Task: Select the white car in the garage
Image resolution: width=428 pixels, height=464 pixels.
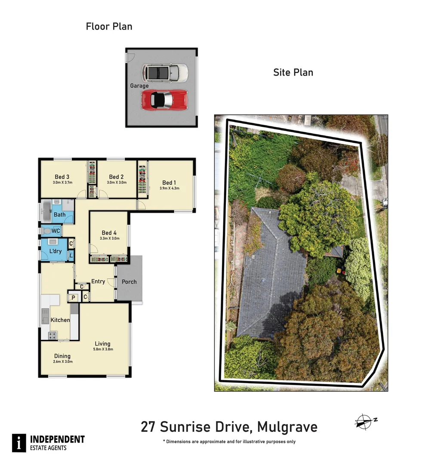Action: (166, 73)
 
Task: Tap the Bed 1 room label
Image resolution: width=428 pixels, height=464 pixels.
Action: (169, 183)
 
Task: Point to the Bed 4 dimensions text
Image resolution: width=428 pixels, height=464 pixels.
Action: (109, 238)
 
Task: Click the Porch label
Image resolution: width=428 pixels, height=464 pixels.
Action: (129, 282)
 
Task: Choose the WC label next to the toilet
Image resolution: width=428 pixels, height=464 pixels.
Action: (55, 231)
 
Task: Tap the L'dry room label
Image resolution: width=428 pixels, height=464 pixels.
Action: (55, 251)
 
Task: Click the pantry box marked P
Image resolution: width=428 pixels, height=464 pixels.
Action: (73, 297)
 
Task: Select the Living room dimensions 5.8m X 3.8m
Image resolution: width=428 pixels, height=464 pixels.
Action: (102, 349)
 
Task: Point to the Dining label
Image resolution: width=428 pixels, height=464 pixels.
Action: (62, 356)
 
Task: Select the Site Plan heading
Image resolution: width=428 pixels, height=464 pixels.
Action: (293, 72)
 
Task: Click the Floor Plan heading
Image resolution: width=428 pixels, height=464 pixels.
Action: (109, 27)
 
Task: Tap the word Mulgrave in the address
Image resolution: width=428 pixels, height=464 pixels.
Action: (287, 427)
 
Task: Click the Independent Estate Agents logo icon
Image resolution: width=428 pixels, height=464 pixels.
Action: (18, 443)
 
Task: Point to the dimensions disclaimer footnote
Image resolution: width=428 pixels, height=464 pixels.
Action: (229, 442)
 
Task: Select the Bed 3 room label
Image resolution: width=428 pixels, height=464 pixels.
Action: (62, 177)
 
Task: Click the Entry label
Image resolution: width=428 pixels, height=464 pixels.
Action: (98, 281)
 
